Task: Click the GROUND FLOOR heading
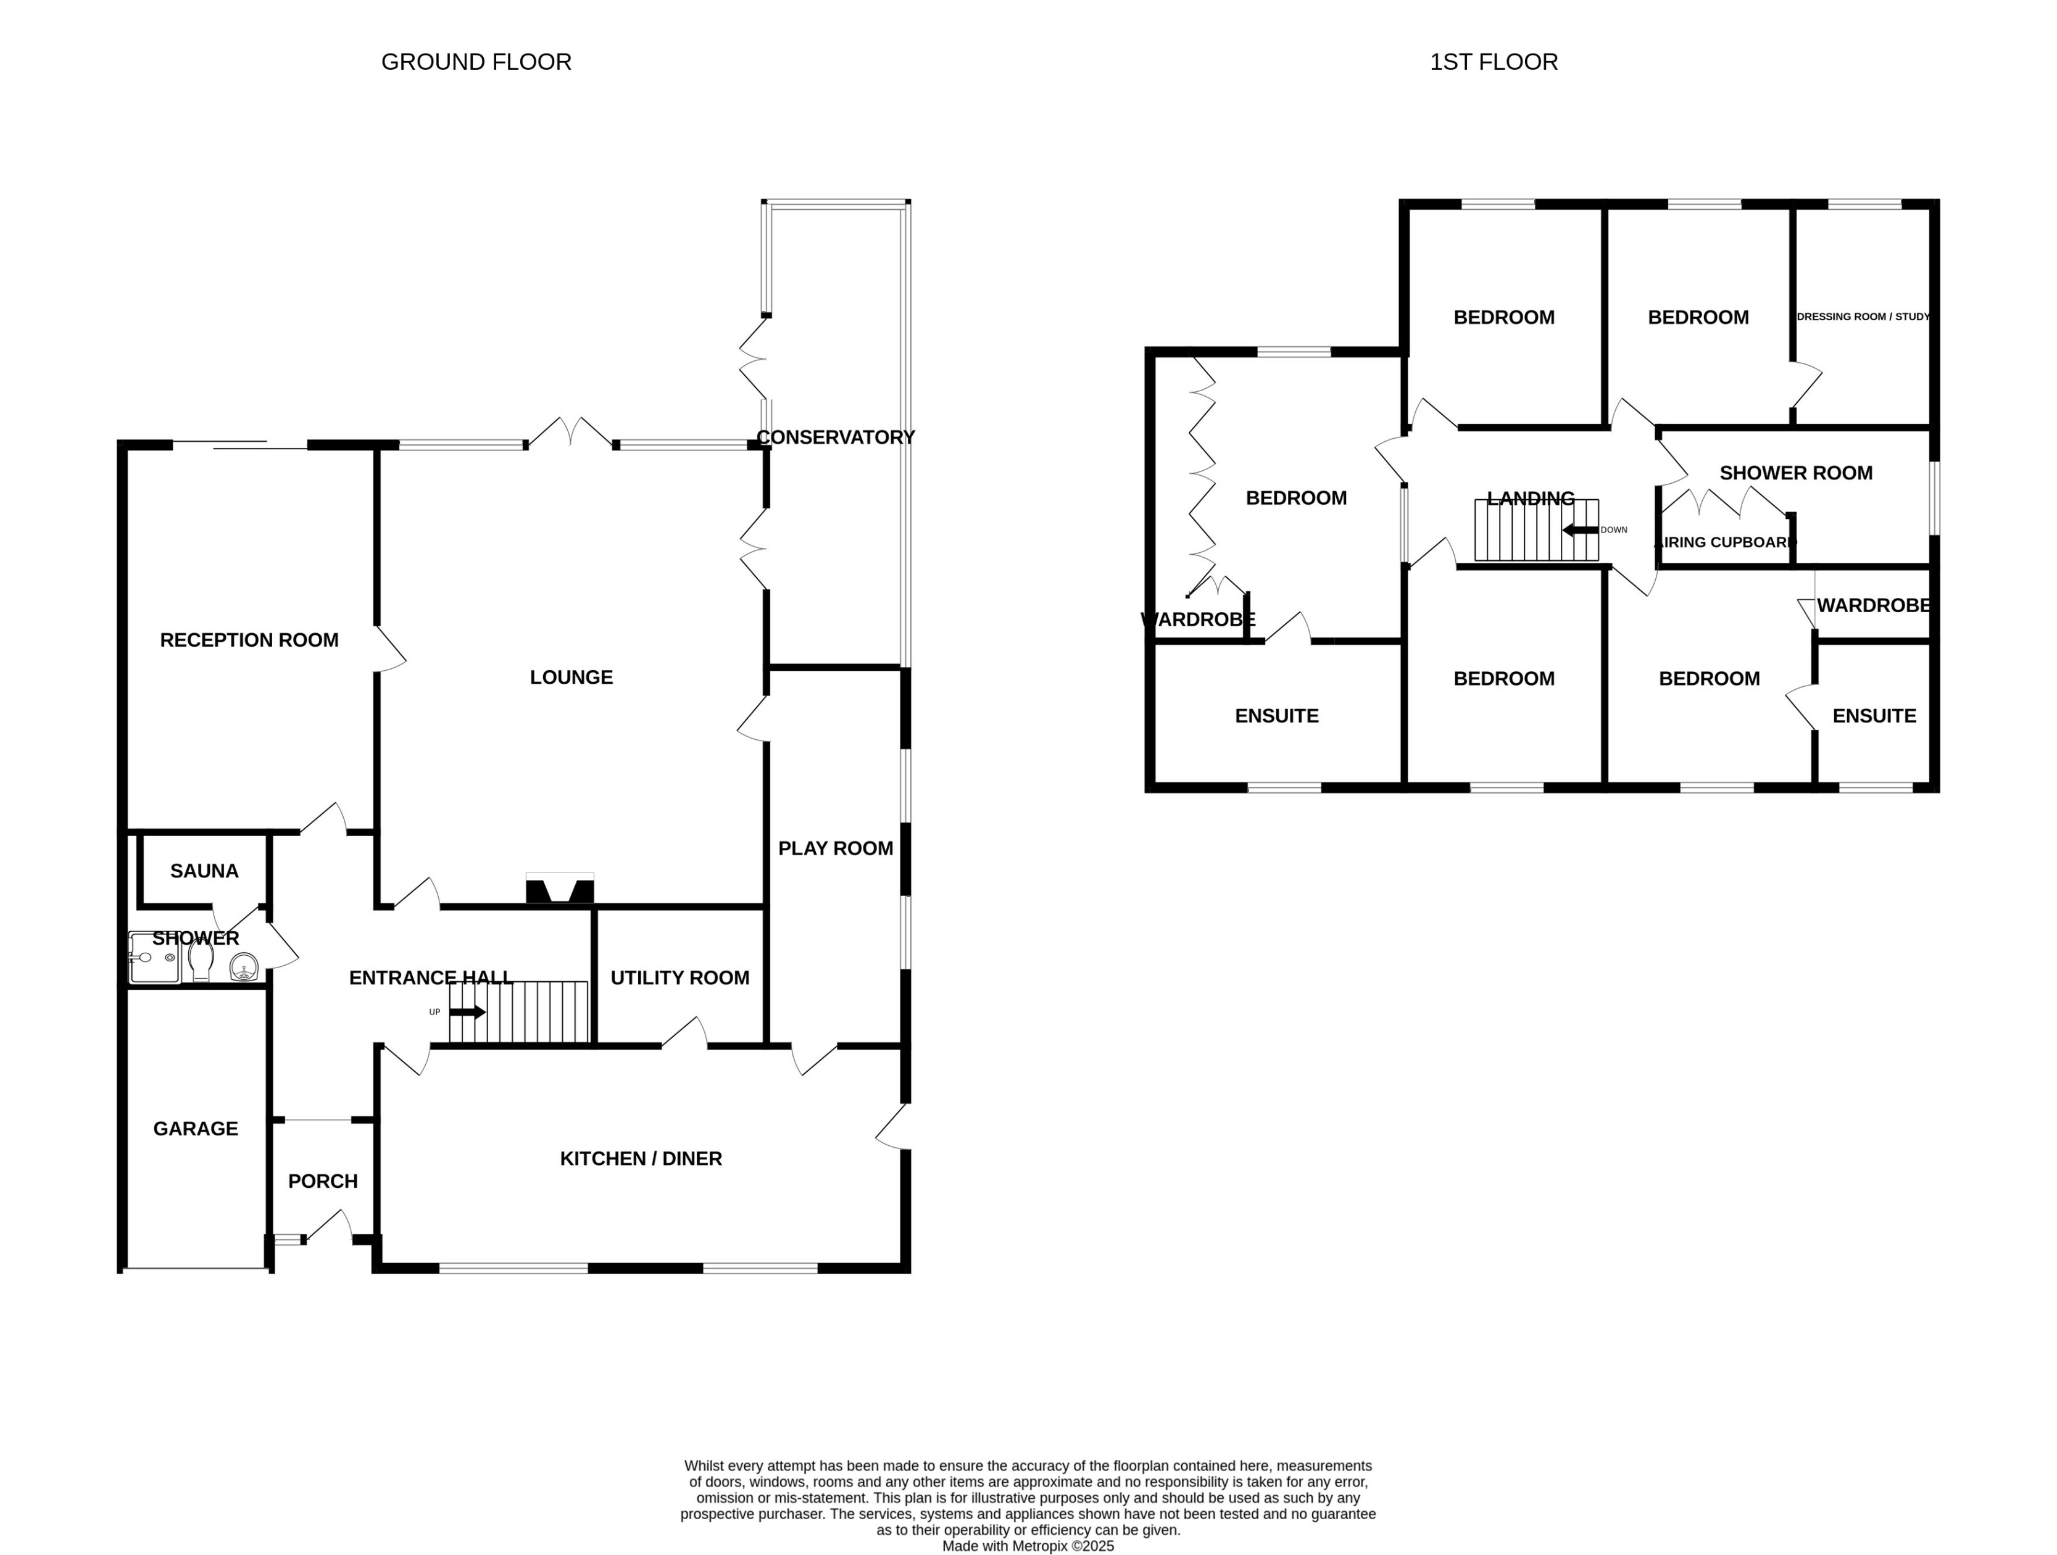point(476,62)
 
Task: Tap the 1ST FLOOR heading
point(1494,62)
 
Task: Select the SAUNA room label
point(204,871)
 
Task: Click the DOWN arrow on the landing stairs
point(1580,530)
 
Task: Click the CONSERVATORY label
point(835,437)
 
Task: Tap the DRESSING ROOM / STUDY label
point(1863,317)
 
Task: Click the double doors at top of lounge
point(571,433)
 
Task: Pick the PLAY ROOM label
point(835,848)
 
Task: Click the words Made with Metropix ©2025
point(1028,1546)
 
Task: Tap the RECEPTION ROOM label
point(249,640)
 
